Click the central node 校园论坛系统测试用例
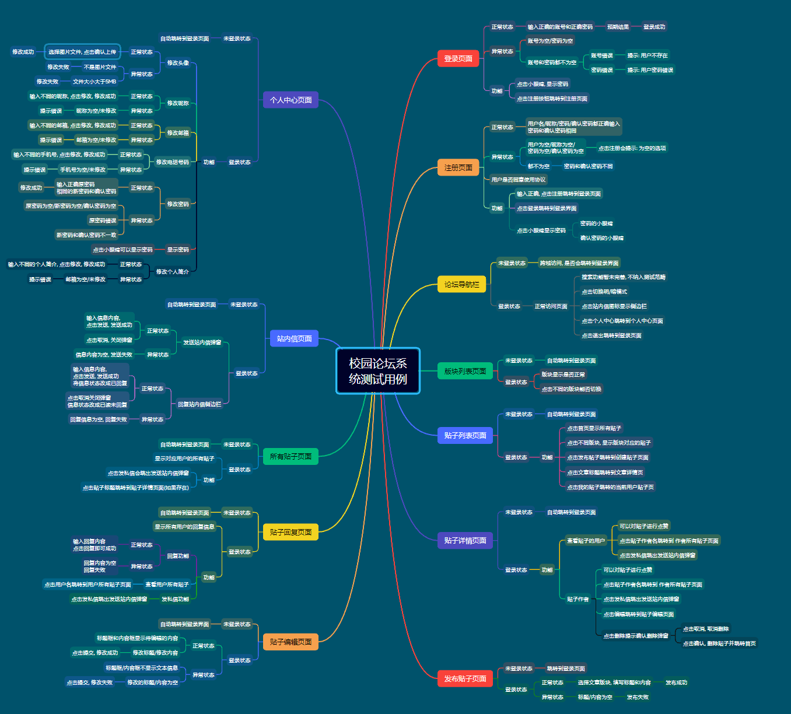(377, 371)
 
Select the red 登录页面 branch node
(458, 58)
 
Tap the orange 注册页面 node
(458, 167)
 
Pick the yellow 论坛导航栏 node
(461, 284)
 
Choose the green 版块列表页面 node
(465, 371)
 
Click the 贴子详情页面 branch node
(465, 540)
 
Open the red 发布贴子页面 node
(465, 678)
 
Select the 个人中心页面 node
(290, 100)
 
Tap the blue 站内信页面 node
(294, 338)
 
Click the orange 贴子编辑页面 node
(290, 642)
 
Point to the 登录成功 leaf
(654, 27)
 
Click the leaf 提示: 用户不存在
(647, 55)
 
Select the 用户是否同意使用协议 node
(519, 180)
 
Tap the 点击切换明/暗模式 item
(604, 292)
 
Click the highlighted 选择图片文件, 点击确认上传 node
(82, 52)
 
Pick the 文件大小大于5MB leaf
(94, 82)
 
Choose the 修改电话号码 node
(173, 162)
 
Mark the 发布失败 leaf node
(638, 697)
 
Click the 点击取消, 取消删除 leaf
(706, 629)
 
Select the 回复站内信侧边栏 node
(199, 404)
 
